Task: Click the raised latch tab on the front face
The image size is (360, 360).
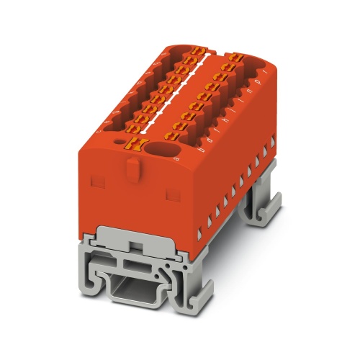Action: click(130, 167)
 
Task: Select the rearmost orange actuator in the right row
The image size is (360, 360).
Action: click(235, 57)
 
